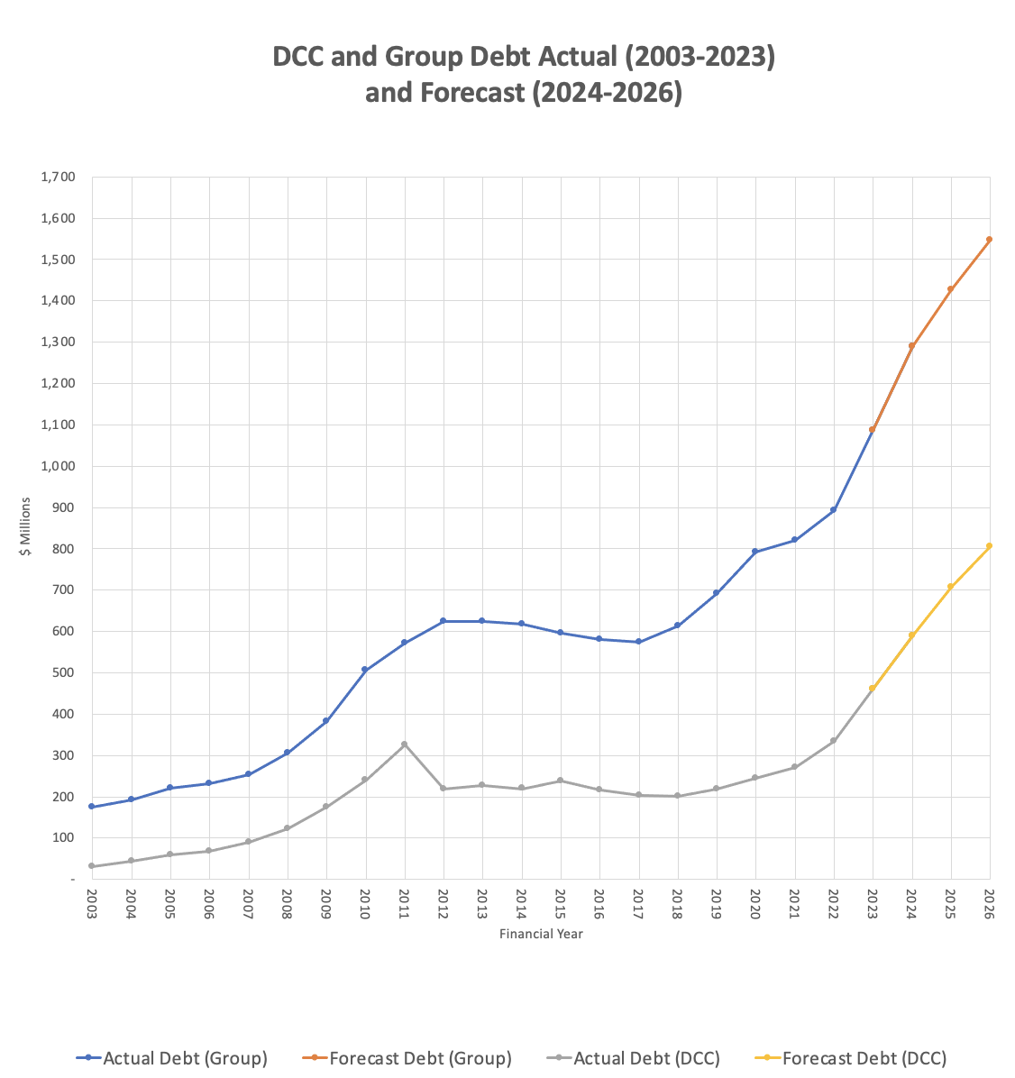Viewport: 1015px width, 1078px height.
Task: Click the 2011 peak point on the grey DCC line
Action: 404,745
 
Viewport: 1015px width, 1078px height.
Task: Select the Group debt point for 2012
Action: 443,621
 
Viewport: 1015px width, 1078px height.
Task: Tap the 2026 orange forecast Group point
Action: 989,240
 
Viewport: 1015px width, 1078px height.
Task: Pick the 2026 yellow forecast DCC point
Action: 989,546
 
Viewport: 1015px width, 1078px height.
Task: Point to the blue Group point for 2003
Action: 92,807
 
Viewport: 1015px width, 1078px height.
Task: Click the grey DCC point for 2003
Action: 92,866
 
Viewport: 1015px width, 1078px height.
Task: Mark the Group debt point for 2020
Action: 754,552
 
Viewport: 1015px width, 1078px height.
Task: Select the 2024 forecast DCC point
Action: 911,635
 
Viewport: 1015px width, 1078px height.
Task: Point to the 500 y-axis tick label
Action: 64,672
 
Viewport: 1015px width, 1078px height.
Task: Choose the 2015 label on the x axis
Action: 561,903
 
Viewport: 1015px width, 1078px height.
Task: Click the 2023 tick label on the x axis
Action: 873,903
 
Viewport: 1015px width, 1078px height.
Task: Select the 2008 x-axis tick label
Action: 288,903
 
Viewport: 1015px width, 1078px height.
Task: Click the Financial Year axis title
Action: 541,934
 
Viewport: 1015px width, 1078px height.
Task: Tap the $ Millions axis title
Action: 26,527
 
